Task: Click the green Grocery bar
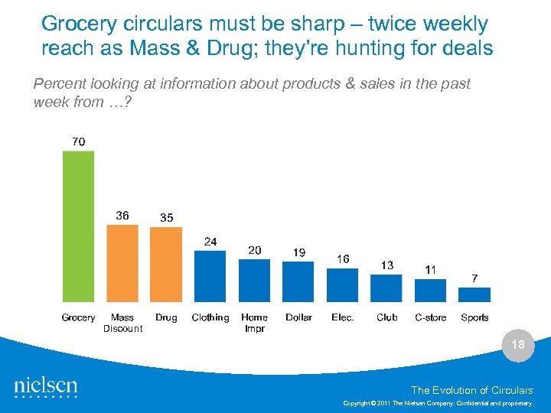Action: point(78,226)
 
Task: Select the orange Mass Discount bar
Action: point(122,263)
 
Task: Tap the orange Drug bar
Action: point(166,265)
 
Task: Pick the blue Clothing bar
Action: point(210,276)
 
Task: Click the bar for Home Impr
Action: point(254,281)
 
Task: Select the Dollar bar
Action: point(298,281)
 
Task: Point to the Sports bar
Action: point(474,294)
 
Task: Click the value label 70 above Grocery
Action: point(78,141)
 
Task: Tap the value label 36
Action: point(122,216)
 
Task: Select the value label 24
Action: point(210,242)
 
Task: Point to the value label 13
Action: point(387,265)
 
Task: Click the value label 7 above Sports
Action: point(474,278)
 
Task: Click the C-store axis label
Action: point(430,317)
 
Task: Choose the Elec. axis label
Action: point(343,317)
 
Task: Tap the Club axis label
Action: point(387,317)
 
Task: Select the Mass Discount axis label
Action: point(122,323)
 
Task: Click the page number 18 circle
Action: point(518,345)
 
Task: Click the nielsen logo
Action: point(46,387)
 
